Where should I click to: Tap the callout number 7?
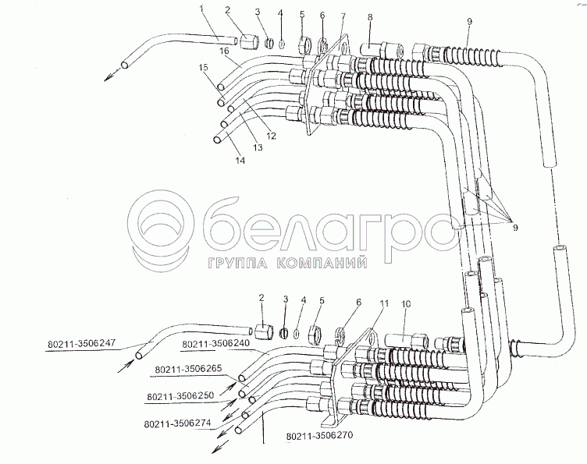(x=343, y=17)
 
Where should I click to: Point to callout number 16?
(x=224, y=51)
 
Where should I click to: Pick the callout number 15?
(x=204, y=68)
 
